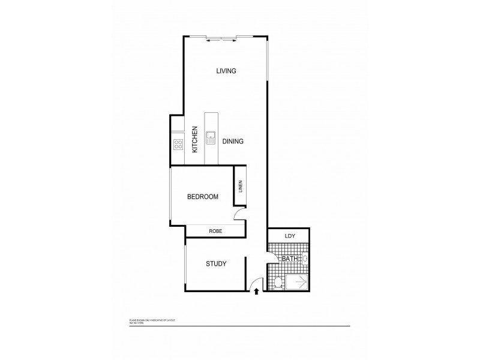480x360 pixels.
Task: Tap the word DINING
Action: tap(232, 142)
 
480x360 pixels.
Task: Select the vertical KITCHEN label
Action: tap(195, 140)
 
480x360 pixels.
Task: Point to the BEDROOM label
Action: tap(202, 197)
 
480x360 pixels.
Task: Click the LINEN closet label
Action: tap(240, 187)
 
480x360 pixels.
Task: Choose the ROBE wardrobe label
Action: tap(215, 231)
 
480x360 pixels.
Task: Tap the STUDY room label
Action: tap(215, 263)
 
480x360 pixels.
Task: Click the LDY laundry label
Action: tap(290, 236)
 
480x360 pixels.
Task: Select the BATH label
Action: tap(290, 259)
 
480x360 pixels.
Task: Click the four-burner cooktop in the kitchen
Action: tap(178, 143)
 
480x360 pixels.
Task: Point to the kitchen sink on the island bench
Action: tap(211, 138)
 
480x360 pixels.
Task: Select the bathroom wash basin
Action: tap(305, 259)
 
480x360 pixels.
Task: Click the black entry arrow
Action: tap(257, 292)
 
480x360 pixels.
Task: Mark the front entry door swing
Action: tap(256, 282)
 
